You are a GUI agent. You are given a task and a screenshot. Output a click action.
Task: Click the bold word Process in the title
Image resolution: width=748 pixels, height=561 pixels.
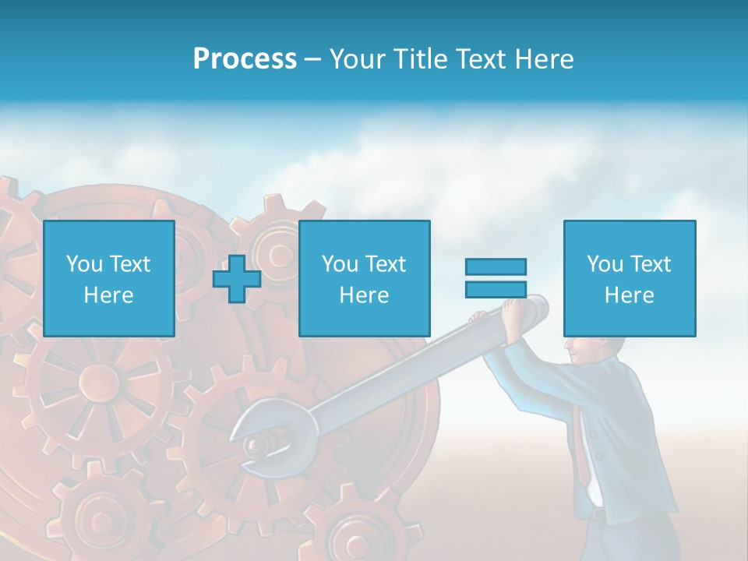(245, 59)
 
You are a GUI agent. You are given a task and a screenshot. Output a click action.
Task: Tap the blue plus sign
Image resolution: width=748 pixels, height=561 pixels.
(237, 279)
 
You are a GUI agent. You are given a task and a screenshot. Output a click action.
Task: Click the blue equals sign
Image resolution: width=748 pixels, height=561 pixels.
(496, 278)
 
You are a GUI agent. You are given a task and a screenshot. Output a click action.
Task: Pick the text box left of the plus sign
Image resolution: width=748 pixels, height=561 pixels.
(108, 278)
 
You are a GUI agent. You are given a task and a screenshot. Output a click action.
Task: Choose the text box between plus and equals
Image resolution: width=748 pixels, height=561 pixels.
(364, 278)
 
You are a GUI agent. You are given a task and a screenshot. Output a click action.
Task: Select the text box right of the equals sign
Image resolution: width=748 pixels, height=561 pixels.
(629, 278)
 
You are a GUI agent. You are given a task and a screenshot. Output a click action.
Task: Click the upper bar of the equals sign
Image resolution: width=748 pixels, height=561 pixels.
(496, 267)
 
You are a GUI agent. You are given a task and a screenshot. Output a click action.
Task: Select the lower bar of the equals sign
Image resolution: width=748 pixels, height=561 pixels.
(496, 289)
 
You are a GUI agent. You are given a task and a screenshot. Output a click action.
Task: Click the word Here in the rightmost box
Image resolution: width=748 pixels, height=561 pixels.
(629, 295)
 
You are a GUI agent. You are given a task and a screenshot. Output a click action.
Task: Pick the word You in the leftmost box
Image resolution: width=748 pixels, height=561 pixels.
(83, 264)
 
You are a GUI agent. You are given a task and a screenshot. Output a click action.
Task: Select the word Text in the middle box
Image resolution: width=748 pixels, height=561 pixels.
(385, 264)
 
